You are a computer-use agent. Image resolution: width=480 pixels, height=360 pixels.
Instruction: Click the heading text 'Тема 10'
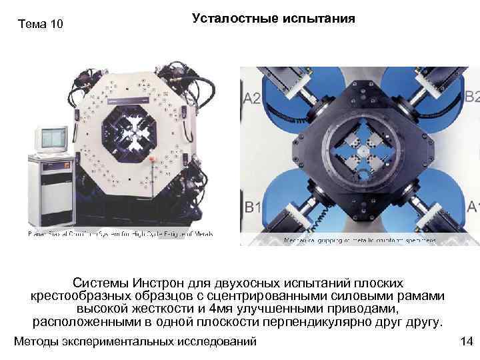pos(41,25)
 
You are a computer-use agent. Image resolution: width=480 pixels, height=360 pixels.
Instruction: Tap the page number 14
pos(466,341)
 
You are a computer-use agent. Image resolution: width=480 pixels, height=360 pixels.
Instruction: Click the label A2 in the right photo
pos(252,99)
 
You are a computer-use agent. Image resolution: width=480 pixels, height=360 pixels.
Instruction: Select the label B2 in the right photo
pos(472,96)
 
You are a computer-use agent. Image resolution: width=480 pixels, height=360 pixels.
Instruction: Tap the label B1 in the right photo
pos(253,207)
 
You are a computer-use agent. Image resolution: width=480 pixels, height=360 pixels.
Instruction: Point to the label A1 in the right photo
pos(473,207)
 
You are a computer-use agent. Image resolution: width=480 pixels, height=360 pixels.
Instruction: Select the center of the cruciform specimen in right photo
pos(361,151)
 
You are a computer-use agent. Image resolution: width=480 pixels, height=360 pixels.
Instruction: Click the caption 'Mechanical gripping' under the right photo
pos(313,241)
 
